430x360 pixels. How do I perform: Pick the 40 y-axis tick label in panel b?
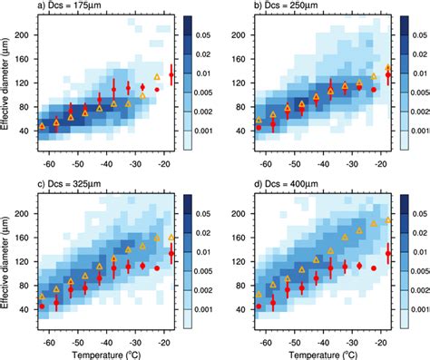(243, 131)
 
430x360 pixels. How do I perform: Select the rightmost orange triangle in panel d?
(388, 220)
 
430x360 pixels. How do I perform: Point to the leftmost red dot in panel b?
(259, 128)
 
